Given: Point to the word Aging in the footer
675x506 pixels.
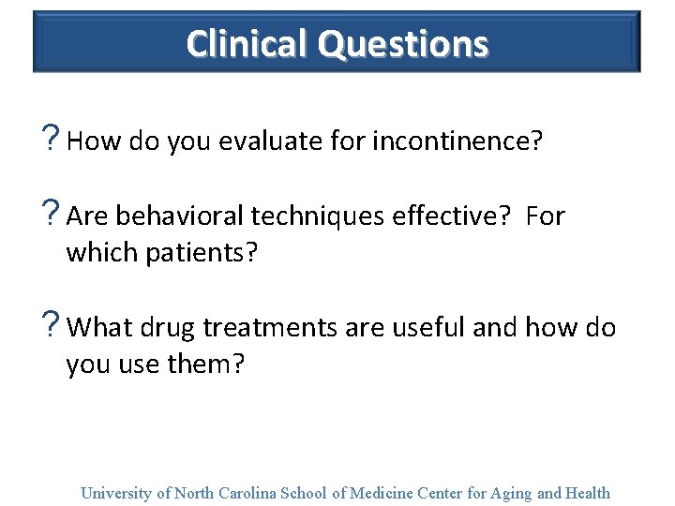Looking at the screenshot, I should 512,493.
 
